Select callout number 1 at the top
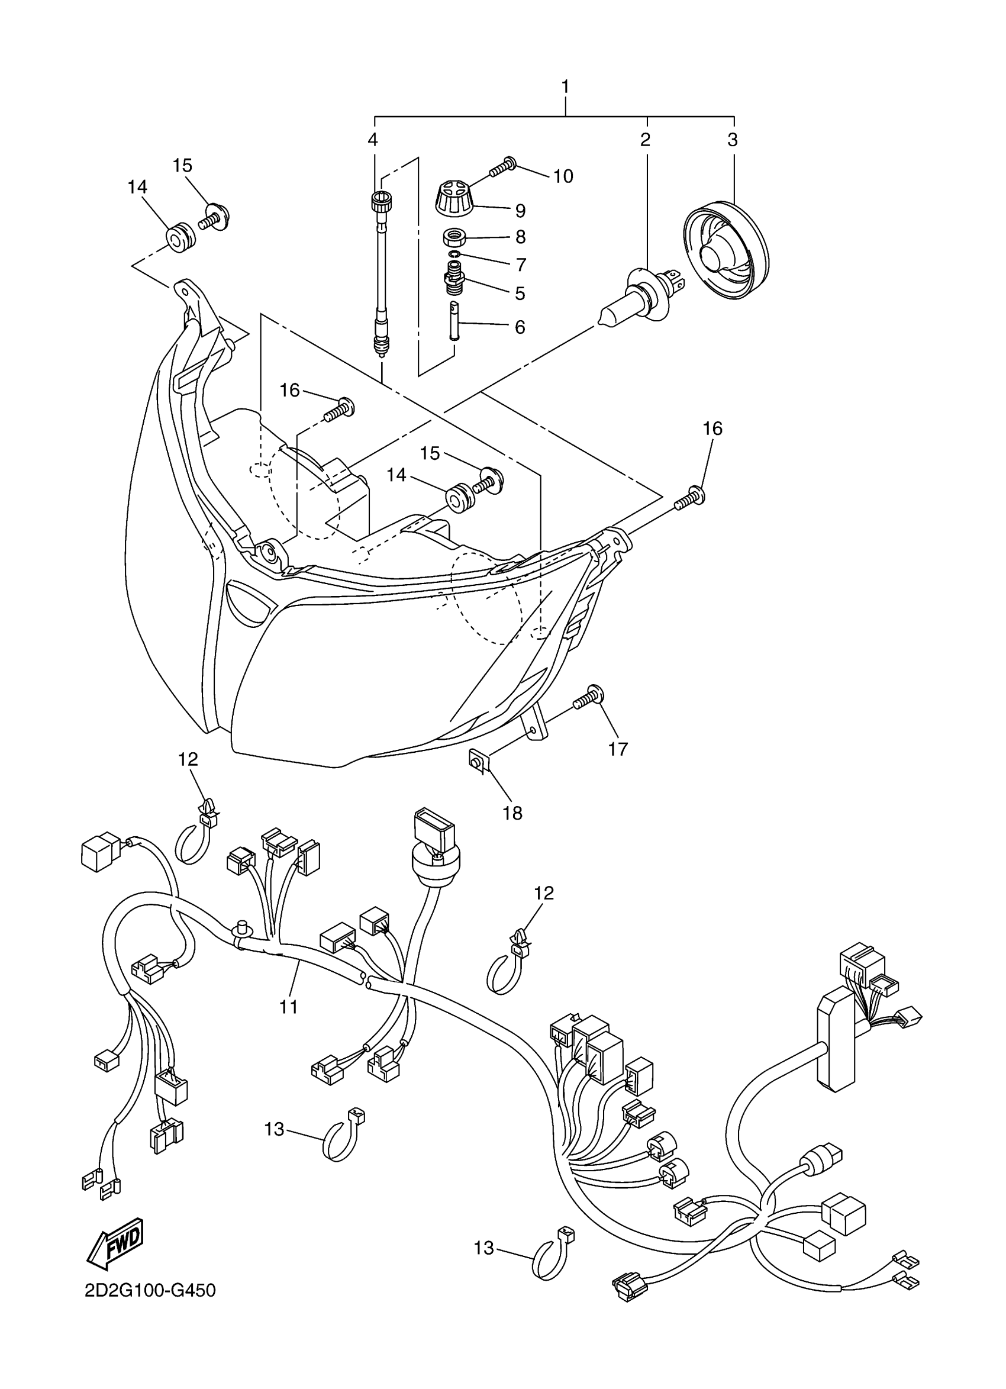(565, 86)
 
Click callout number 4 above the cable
(373, 140)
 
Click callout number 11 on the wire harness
(288, 1007)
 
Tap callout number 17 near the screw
(618, 749)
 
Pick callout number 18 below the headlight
(512, 813)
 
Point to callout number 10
(563, 176)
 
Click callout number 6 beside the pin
(519, 327)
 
